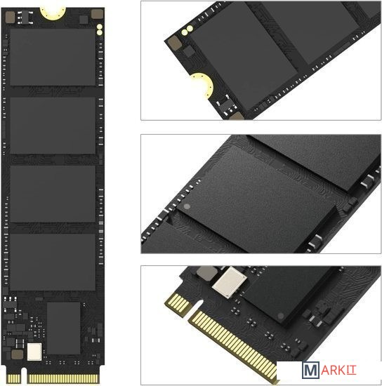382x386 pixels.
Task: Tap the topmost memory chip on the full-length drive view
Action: pos(53,57)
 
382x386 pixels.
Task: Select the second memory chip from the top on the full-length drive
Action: pos(53,126)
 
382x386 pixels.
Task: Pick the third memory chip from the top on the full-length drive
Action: pos(53,194)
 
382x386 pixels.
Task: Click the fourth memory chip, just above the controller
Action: pos(53,262)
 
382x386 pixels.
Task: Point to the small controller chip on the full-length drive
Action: pos(63,328)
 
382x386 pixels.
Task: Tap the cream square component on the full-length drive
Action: pos(34,352)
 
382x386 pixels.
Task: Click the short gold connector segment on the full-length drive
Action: pos(13,378)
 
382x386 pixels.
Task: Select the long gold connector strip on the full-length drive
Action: pos(64,378)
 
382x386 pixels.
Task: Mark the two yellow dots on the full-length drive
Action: pos(100,29)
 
